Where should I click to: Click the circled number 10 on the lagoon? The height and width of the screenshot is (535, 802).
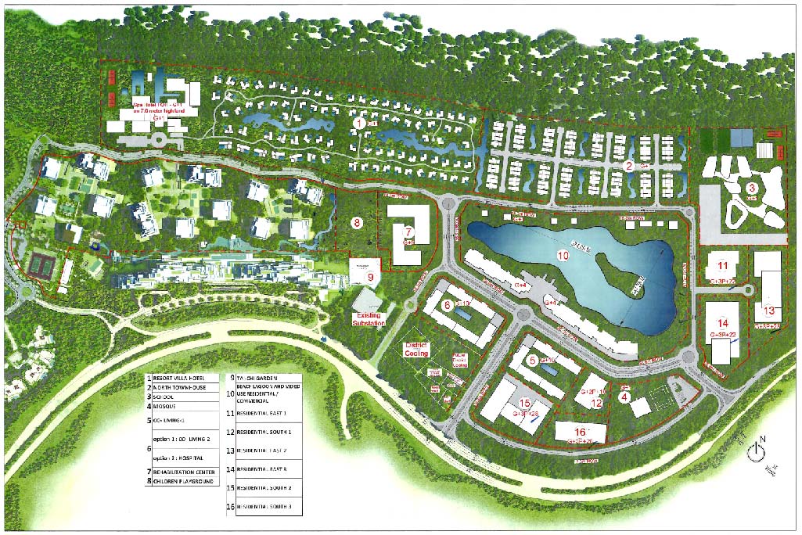[x=562, y=255]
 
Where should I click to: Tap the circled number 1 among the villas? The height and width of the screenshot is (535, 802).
[x=359, y=123]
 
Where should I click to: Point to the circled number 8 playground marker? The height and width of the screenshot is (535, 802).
[x=357, y=223]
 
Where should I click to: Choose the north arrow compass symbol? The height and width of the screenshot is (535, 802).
[x=755, y=451]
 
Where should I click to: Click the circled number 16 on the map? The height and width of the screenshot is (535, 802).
[x=580, y=431]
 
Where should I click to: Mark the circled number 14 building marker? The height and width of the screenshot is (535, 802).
[x=723, y=323]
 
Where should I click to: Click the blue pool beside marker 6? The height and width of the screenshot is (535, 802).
[x=463, y=314]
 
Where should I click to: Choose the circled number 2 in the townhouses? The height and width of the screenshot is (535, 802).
[x=628, y=165]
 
